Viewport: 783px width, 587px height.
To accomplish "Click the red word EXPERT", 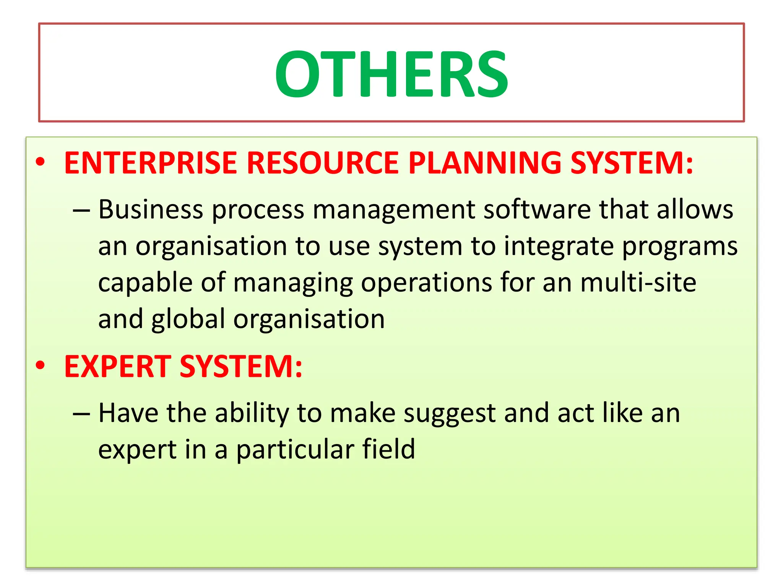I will tap(118, 366).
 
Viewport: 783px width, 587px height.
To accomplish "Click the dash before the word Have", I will tap(81, 414).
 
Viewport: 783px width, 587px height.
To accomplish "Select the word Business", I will tap(151, 210).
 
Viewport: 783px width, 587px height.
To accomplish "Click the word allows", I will tap(695, 210).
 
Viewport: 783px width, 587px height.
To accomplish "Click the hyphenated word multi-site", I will tap(638, 283).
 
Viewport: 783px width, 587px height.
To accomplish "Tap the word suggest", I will tap(450, 414).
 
